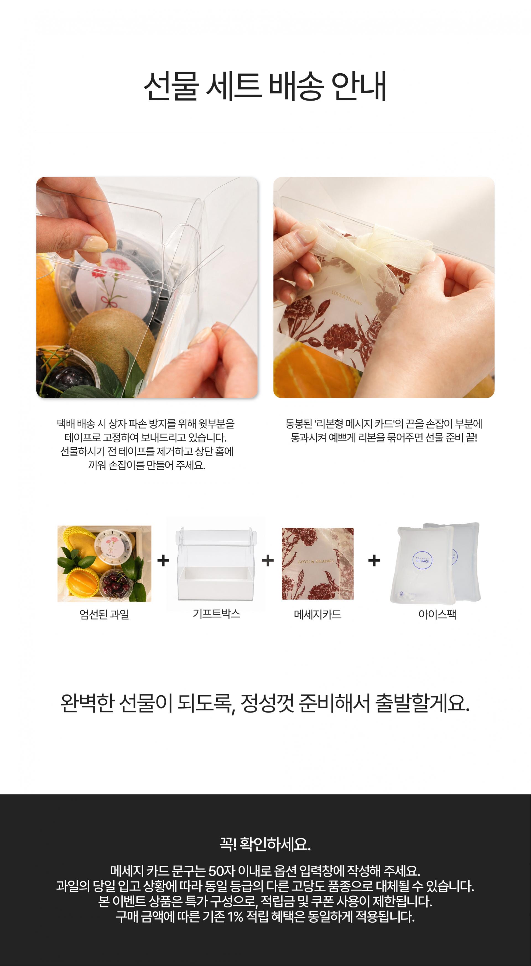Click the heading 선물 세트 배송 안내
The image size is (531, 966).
pyautogui.click(x=265, y=86)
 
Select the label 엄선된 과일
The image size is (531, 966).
pyautogui.click(x=104, y=615)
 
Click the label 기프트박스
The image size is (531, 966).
pyautogui.click(x=216, y=613)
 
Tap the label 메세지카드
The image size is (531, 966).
pyautogui.click(x=317, y=615)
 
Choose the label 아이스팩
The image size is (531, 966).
pyautogui.click(x=437, y=614)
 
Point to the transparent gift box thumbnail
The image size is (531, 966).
pyautogui.click(x=216, y=563)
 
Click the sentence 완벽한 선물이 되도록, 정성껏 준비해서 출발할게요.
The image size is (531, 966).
pyautogui.click(x=265, y=703)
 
